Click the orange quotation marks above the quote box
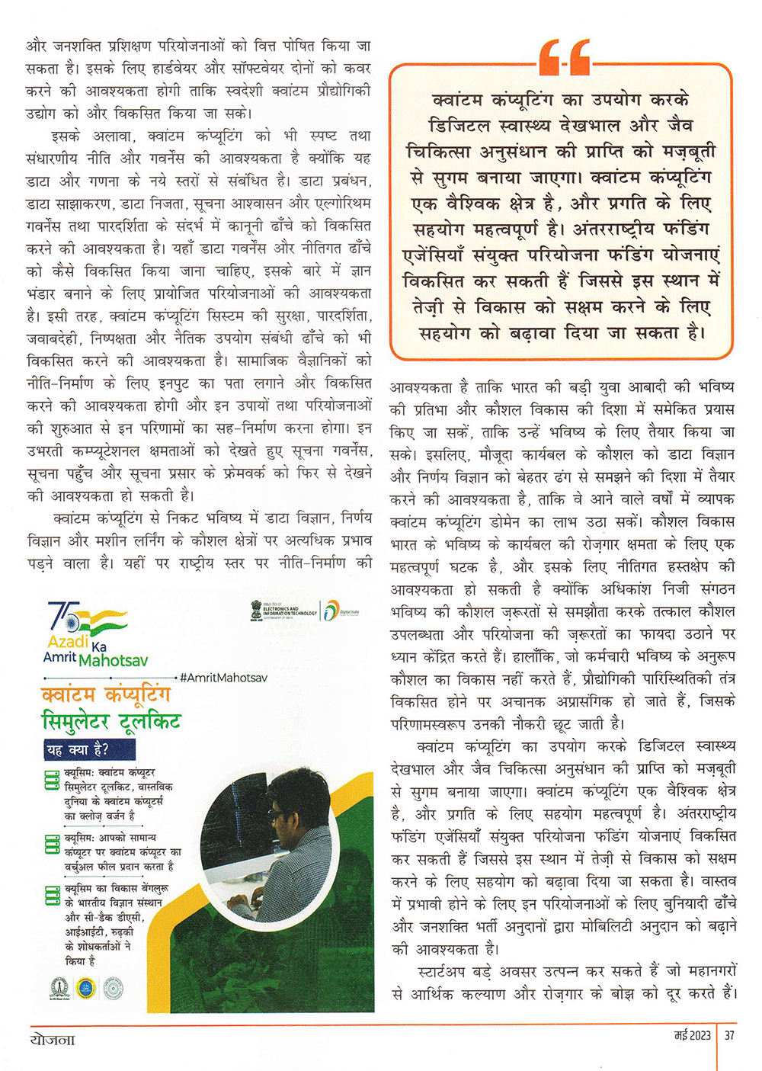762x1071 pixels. point(564,58)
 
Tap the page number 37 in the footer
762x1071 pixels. point(729,1035)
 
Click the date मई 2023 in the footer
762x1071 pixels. point(692,1035)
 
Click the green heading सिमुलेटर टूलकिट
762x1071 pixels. point(111,721)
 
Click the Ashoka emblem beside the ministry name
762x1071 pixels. point(255,611)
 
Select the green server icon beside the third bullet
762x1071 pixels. point(52,895)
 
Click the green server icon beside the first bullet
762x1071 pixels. point(52,780)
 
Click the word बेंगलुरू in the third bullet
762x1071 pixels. point(149,889)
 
